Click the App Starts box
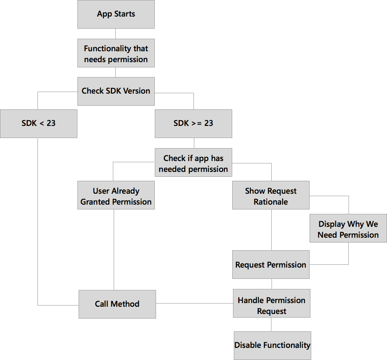coord(116,14)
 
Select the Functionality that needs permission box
coord(116,54)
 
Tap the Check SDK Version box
coord(116,91)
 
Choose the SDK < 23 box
coord(39,123)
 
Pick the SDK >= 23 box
coord(193,123)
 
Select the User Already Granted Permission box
coord(116,196)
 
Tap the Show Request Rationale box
coord(271,196)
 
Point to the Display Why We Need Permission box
coord(348,229)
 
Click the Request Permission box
coord(271,265)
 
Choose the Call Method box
coord(117,304)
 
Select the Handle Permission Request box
coord(272,306)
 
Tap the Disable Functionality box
coord(273,345)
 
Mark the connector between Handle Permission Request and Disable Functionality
coord(271,324)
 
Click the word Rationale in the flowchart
coord(271,202)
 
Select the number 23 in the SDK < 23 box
coord(51,123)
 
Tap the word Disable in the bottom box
coord(248,345)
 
